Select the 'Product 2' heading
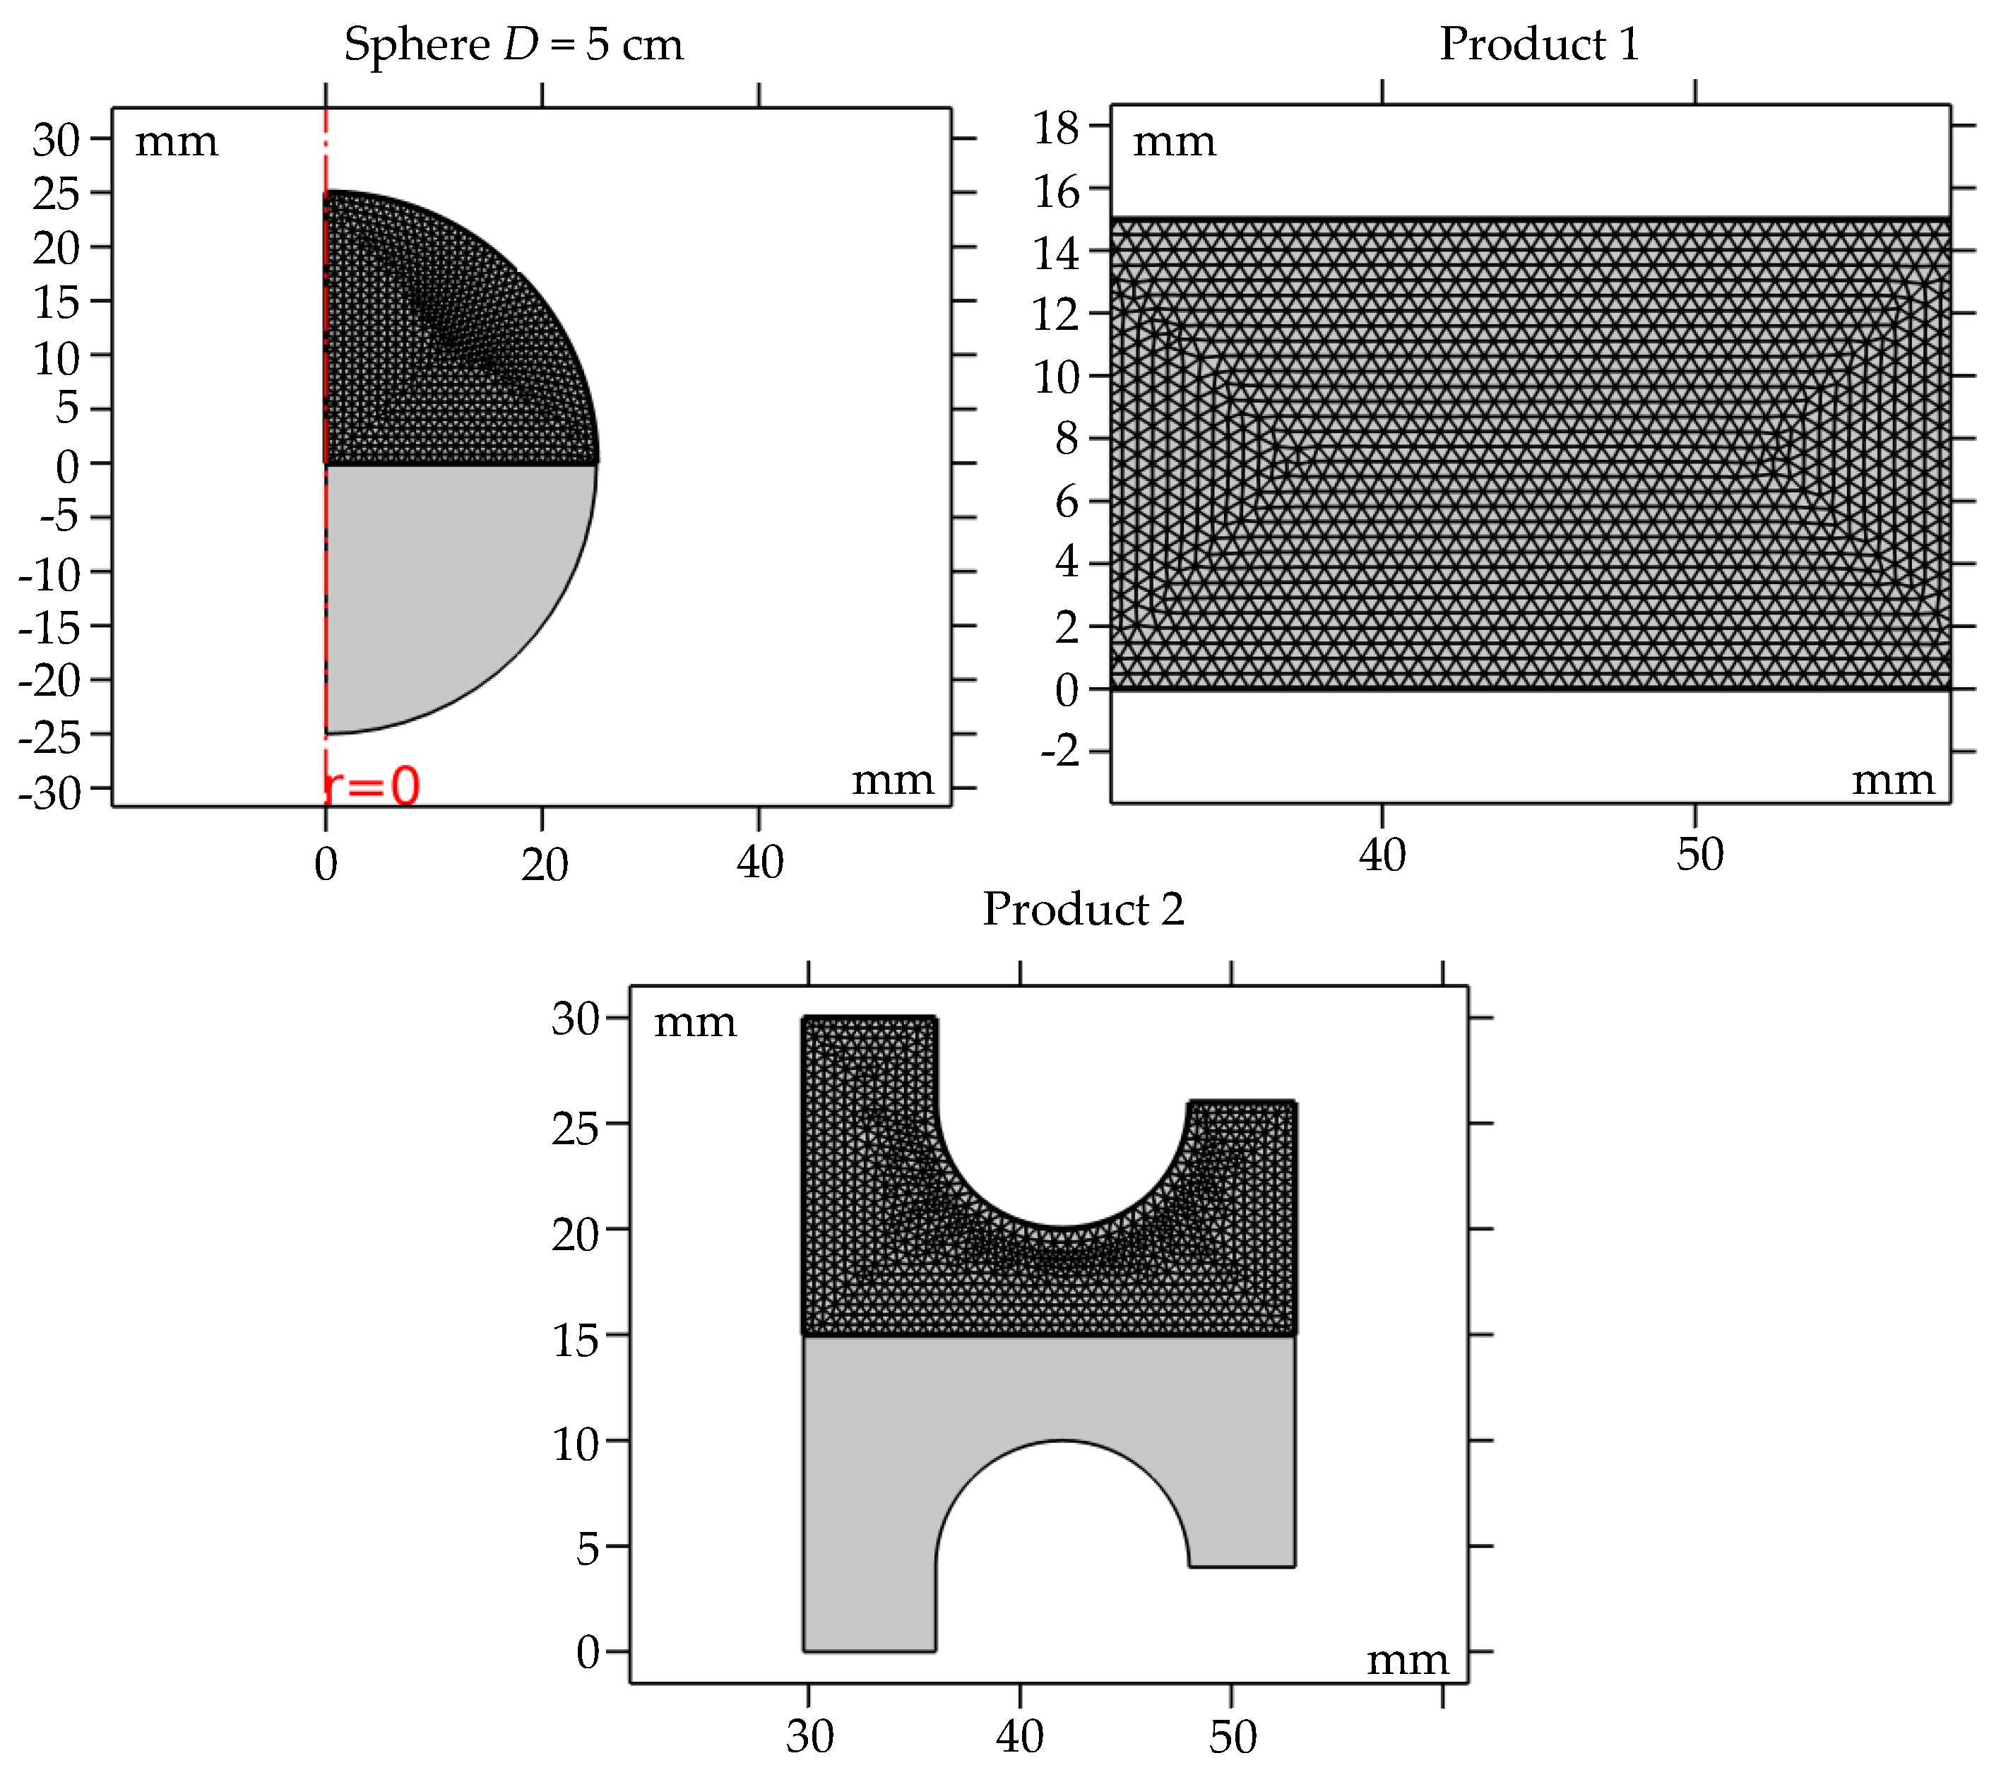click(1083, 910)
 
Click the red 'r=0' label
click(372, 786)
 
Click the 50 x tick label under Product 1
click(1699, 855)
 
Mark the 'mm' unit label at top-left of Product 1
click(1174, 143)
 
